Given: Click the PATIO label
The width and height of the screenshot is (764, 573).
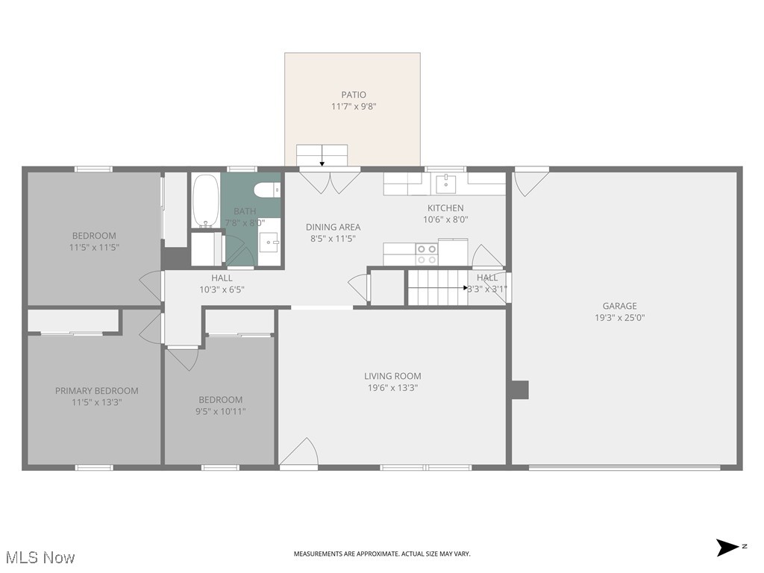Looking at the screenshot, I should pyautogui.click(x=354, y=95).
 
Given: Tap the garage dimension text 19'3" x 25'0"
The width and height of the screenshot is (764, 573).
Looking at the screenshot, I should pyautogui.click(x=619, y=317).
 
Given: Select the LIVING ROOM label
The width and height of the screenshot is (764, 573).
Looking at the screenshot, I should pyautogui.click(x=392, y=376).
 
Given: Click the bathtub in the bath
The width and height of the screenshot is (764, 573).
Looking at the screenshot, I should pyautogui.click(x=205, y=201).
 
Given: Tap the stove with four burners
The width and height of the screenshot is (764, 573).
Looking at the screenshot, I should pyautogui.click(x=427, y=254).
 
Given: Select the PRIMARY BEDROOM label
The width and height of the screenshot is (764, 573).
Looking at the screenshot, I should pyautogui.click(x=96, y=391).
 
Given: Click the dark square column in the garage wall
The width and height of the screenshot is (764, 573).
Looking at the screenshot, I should pyautogui.click(x=519, y=389).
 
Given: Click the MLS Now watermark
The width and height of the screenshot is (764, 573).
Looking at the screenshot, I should pyautogui.click(x=40, y=557).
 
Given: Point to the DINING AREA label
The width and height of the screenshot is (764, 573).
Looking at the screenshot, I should pyautogui.click(x=333, y=227).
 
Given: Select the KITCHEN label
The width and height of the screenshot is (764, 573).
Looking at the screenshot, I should pyautogui.click(x=445, y=208).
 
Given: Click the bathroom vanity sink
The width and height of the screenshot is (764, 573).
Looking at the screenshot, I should pyautogui.click(x=270, y=240).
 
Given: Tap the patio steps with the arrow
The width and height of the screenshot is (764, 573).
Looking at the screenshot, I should pyautogui.click(x=322, y=155).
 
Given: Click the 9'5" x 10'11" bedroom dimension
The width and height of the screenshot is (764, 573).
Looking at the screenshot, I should pyautogui.click(x=220, y=411).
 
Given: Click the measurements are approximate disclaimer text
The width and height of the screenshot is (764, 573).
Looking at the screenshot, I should pyautogui.click(x=382, y=554).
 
